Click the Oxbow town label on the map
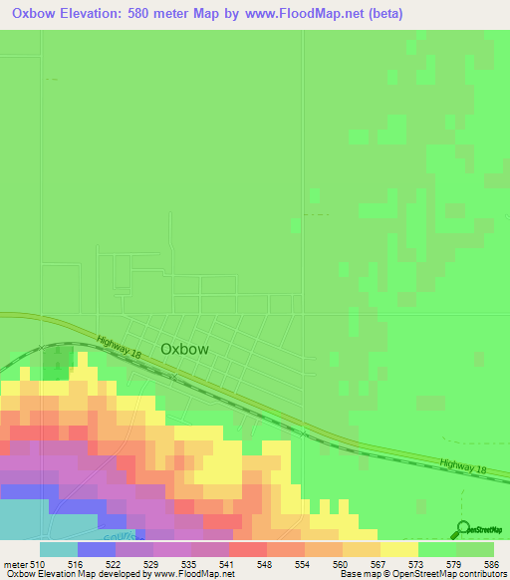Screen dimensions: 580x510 (x=190, y=350)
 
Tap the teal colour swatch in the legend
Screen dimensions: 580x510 (x=59, y=549)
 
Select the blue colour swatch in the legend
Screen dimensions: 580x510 (x=97, y=549)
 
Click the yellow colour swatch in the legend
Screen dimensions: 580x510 (x=398, y=549)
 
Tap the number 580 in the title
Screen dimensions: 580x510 (x=145, y=14)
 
